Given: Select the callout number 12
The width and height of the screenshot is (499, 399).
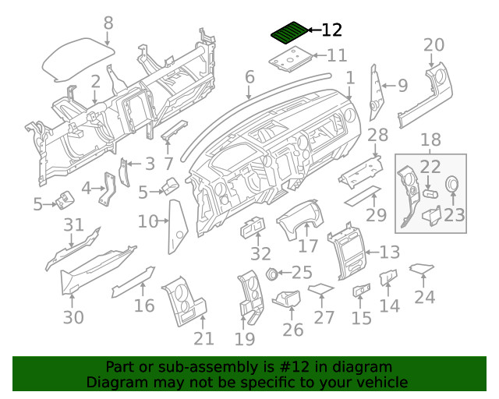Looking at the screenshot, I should pos(331,30).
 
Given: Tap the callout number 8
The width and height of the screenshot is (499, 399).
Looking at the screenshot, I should pos(108,23).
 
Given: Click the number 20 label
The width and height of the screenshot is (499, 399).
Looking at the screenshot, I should pos(434,44).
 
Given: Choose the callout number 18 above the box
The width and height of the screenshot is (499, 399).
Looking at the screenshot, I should pos(430,140).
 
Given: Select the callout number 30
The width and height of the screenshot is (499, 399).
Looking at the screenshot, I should pos(73,317).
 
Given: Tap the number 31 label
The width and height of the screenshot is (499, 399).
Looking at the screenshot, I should pos(73,225).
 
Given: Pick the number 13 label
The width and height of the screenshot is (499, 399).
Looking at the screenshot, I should pos(390,252).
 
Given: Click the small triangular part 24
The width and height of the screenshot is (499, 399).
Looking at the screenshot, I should pos(421,269).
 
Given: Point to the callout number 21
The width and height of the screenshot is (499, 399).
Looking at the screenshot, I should pos(203,337).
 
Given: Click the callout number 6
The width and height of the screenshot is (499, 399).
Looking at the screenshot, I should pos(249,76).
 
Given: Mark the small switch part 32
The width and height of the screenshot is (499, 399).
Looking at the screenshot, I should pos(253,227).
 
